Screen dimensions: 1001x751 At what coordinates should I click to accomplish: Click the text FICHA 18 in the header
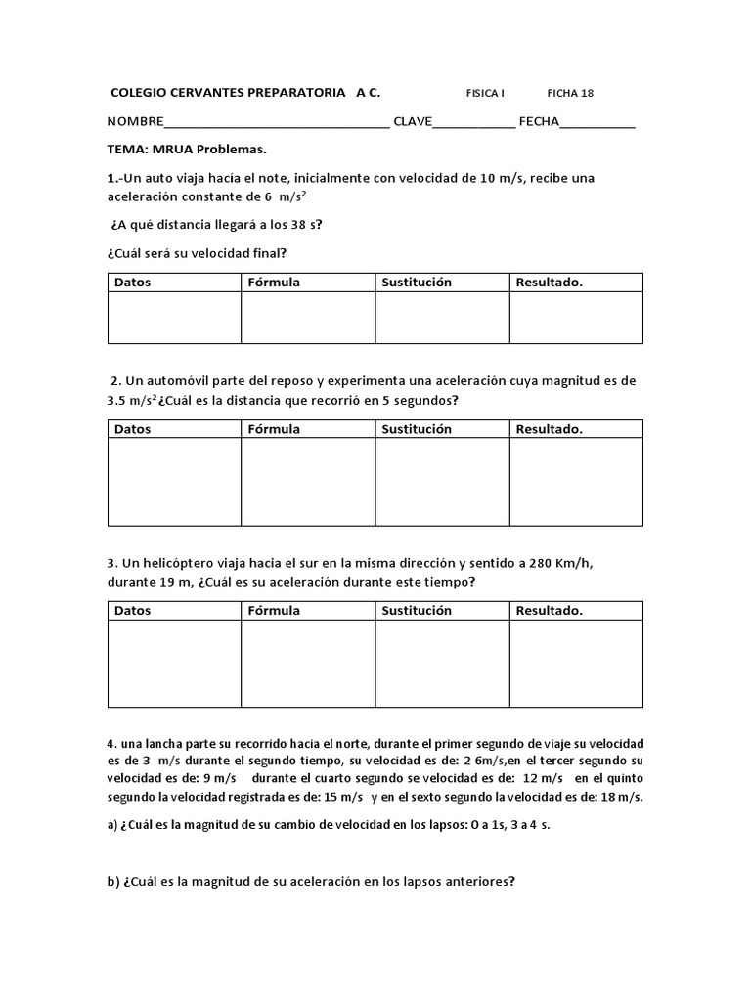[570, 94]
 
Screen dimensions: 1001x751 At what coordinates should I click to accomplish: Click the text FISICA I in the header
[485, 94]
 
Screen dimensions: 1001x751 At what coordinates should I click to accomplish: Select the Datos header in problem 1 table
[133, 283]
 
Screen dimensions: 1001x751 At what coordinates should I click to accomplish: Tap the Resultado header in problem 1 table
[550, 283]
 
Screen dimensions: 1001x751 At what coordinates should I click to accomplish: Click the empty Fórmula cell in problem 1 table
[308, 318]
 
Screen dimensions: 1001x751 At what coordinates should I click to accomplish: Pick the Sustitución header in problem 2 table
[417, 429]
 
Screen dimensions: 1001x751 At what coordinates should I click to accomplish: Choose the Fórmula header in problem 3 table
[274, 611]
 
